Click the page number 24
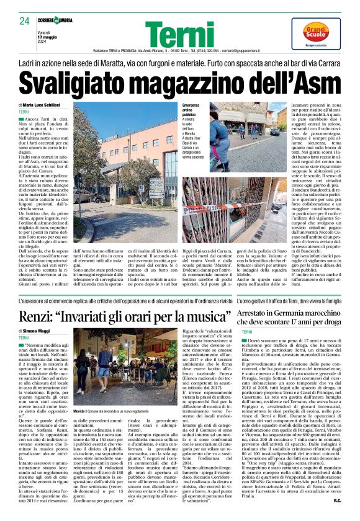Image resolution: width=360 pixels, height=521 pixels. point(24,22)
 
